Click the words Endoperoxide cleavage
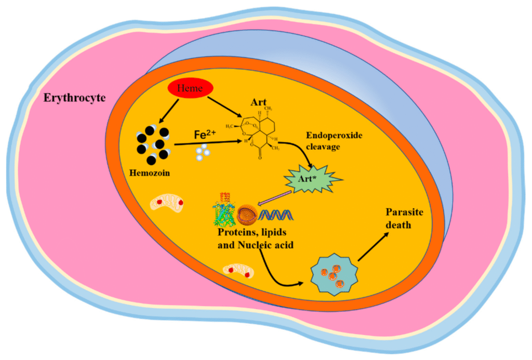coord(334,141)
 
